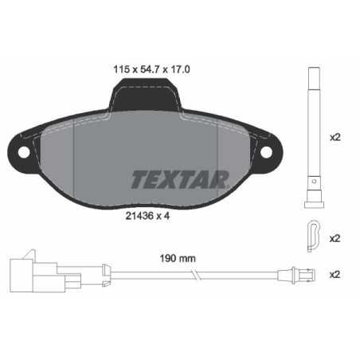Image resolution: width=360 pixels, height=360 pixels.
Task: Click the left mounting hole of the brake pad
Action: pos(24,153)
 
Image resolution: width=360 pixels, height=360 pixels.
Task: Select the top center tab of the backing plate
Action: pos(145,98)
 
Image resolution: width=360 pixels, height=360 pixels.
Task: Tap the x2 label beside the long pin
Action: pos(335,136)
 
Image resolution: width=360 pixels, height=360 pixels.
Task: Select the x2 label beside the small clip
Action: pos(335,237)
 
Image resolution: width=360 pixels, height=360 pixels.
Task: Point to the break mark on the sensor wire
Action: pos(194,276)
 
